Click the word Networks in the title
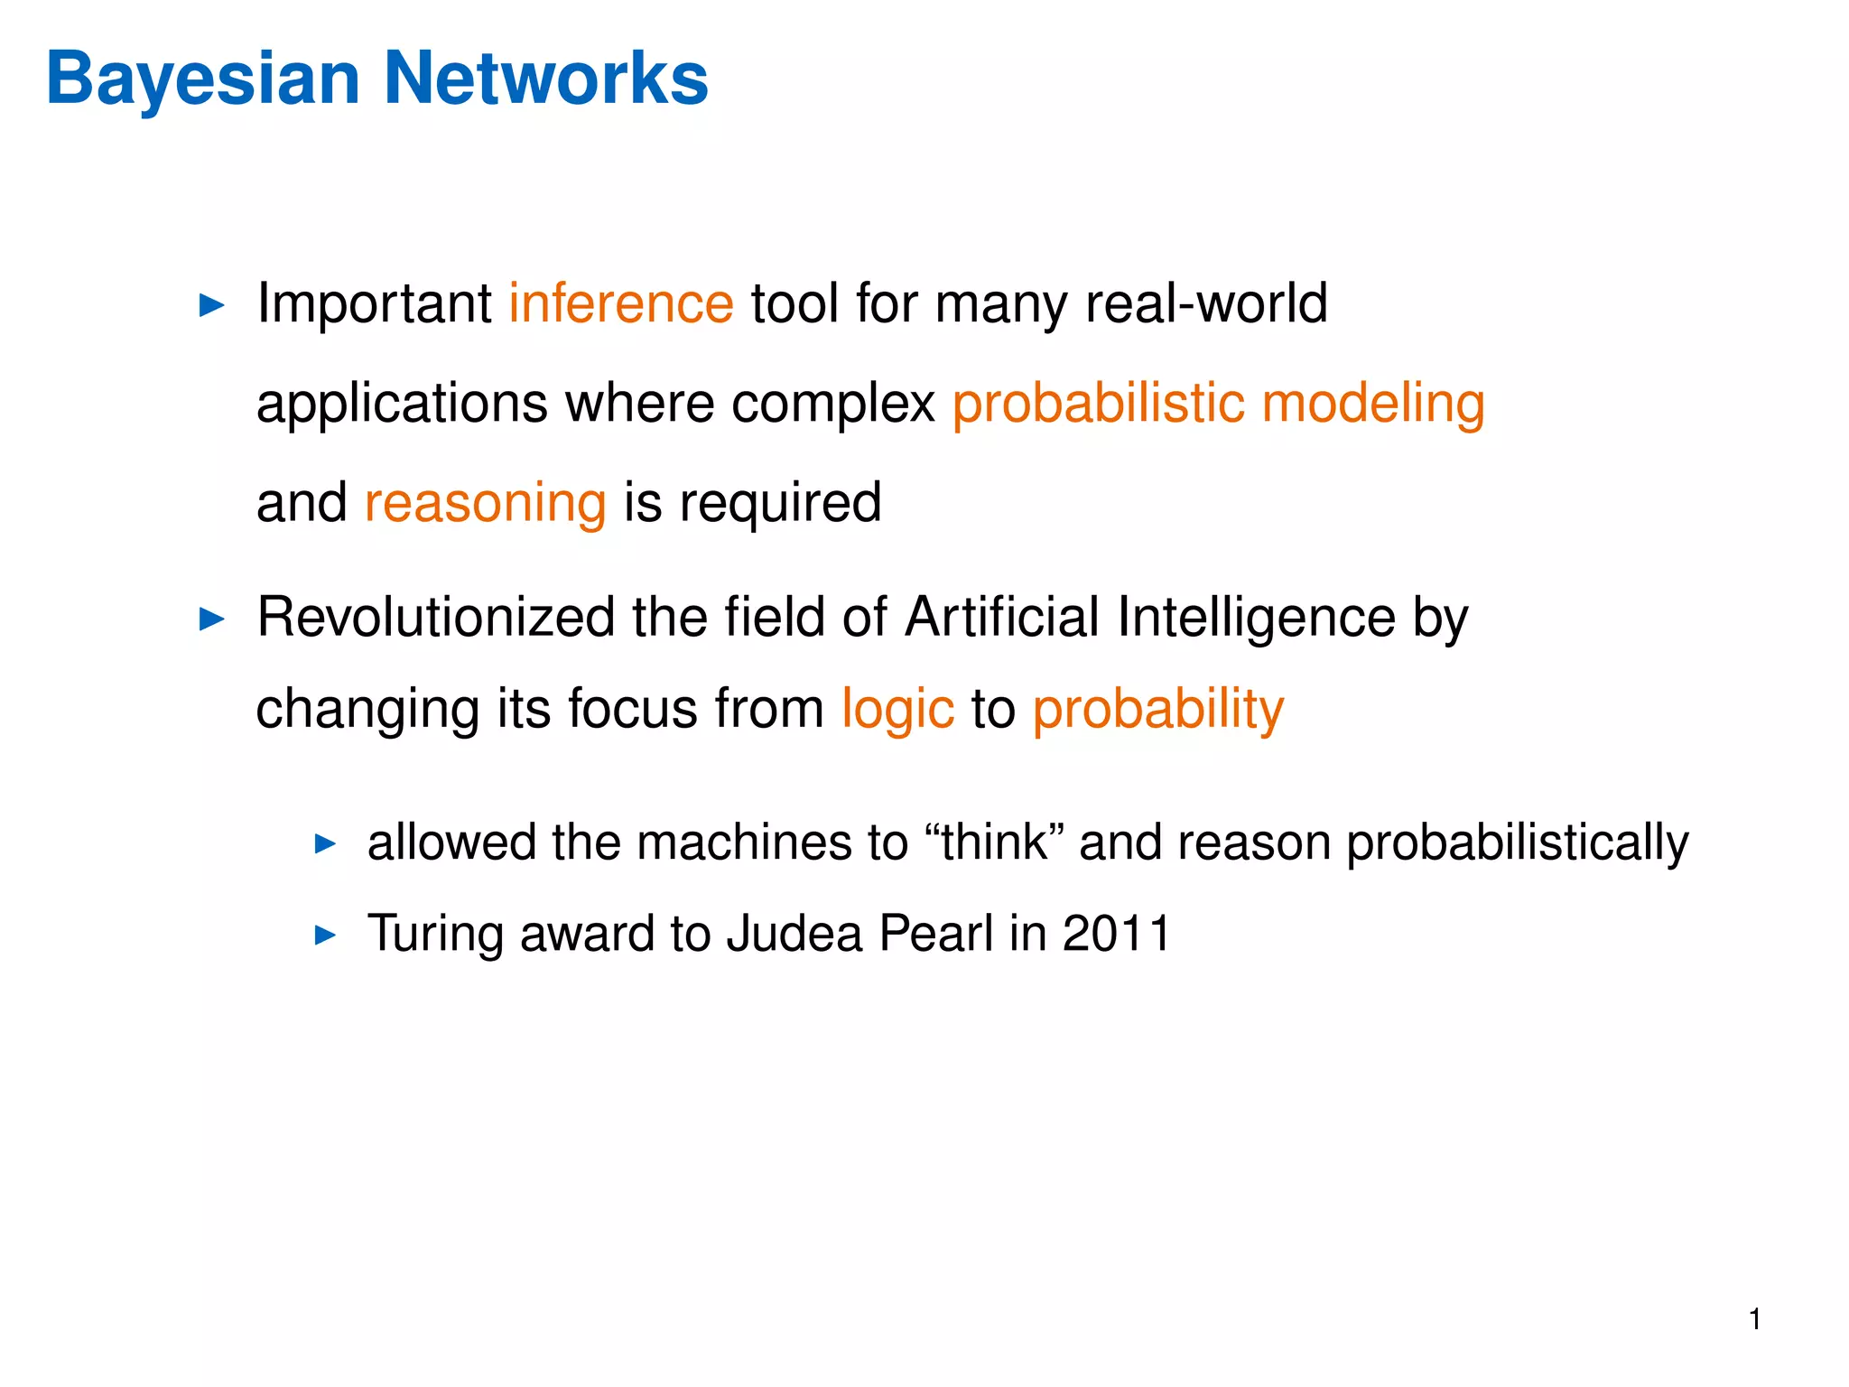click(x=546, y=79)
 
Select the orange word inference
click(x=621, y=303)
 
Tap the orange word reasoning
click(x=485, y=504)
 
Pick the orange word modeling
click(x=1372, y=404)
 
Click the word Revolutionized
click(x=436, y=618)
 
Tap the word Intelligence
click(x=1256, y=618)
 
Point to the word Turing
click(x=435, y=934)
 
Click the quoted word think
click(x=994, y=842)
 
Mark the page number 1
click(x=1754, y=1320)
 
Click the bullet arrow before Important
click(x=211, y=305)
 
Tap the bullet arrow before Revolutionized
click(x=211, y=619)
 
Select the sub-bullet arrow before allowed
click(x=325, y=845)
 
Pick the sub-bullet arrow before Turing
click(x=325, y=936)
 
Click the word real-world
click(x=1205, y=303)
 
